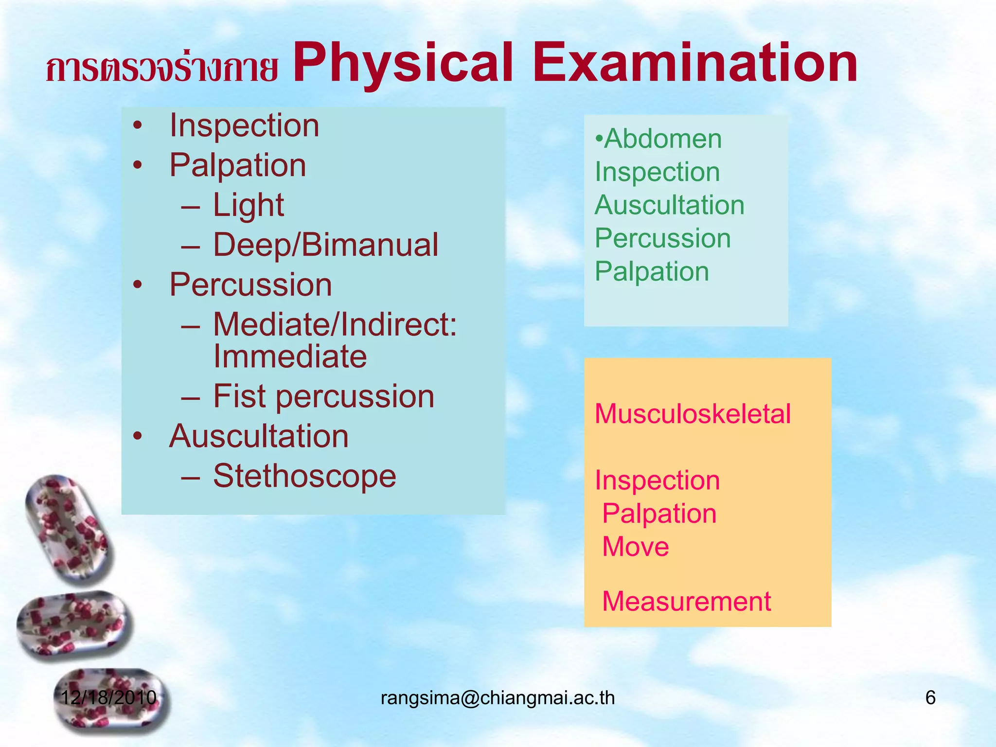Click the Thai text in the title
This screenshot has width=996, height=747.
click(x=162, y=68)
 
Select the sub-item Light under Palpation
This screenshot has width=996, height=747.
click(x=249, y=205)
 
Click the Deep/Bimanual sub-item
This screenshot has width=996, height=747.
click(x=326, y=245)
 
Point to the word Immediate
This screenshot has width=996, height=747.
click(x=290, y=356)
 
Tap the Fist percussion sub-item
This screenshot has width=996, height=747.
click(x=324, y=396)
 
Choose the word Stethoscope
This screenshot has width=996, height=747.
click(x=305, y=476)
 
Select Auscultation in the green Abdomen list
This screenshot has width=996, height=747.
click(x=670, y=205)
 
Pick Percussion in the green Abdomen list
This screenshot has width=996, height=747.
click(x=663, y=238)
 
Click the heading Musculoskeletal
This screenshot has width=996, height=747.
click(x=693, y=414)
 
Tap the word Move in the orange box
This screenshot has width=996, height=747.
click(x=636, y=547)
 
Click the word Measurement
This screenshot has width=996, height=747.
click(x=687, y=602)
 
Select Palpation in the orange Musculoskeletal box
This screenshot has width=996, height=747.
click(x=659, y=514)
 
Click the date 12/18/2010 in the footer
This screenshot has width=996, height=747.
click(x=108, y=698)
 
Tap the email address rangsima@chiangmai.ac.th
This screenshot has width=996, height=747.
click(x=498, y=698)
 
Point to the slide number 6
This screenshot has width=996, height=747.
click(x=930, y=698)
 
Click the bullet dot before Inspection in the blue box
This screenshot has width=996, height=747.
click(x=138, y=126)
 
